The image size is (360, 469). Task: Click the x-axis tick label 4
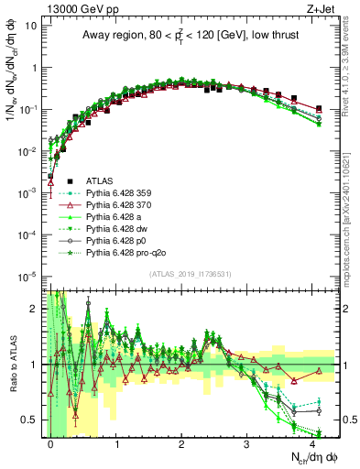312,442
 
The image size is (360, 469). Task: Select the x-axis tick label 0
50,442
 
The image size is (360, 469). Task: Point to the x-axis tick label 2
181,442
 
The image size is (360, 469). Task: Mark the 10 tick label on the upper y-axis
32,26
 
